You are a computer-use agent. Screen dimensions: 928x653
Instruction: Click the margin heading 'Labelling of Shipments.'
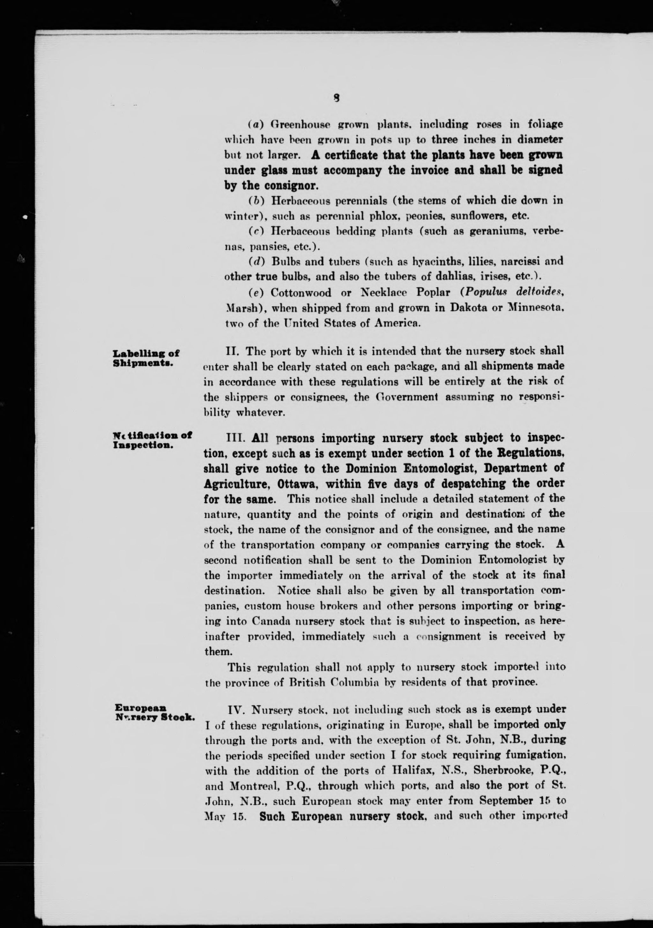(146, 357)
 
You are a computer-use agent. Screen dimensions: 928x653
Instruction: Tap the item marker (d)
(256, 261)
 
